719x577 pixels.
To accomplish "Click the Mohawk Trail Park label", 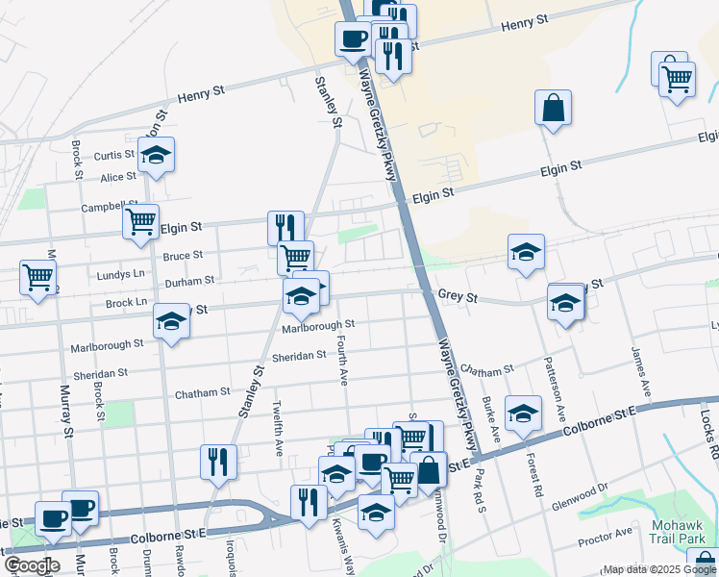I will pyautogui.click(x=684, y=532).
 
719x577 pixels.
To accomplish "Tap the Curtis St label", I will pyautogui.click(x=114, y=156).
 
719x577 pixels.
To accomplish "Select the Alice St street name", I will pyautogui.click(x=119, y=178).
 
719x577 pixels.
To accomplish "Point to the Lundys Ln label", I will pyautogui.click(x=120, y=275).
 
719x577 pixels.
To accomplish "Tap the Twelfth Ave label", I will pyautogui.click(x=279, y=429).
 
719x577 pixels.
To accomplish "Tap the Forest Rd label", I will pyautogui.click(x=530, y=447).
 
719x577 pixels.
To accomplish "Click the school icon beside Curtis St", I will pyautogui.click(x=156, y=156).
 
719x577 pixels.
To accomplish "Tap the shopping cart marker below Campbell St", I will pyautogui.click(x=141, y=222).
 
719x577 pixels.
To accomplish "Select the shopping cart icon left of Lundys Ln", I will pyautogui.click(x=37, y=277).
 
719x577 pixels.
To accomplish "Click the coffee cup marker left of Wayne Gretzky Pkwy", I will pyautogui.click(x=352, y=39).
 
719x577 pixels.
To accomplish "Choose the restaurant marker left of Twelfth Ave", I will pyautogui.click(x=218, y=462).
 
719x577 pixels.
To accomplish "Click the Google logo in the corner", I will pyautogui.click(x=31, y=565).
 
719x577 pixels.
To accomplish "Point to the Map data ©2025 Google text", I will pyautogui.click(x=659, y=569).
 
